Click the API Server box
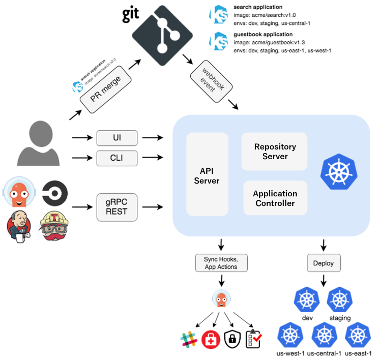(x=207, y=174)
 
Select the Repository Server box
(x=275, y=152)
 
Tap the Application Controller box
(x=275, y=198)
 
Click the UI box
(x=117, y=137)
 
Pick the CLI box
(x=117, y=159)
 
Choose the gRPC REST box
(x=117, y=207)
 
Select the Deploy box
(x=324, y=263)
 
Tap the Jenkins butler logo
(x=19, y=225)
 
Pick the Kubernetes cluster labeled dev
(x=307, y=301)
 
